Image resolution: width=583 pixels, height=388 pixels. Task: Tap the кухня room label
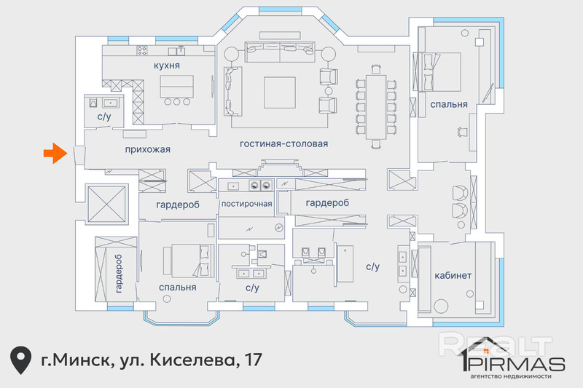pyautogui.click(x=167, y=66)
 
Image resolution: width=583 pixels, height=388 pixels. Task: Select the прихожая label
pyautogui.click(x=148, y=150)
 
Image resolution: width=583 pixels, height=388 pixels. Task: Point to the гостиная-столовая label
pyautogui.click(x=283, y=143)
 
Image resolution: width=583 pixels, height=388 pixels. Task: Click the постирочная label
pyautogui.click(x=246, y=204)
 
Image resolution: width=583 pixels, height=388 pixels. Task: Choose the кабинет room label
pyautogui.click(x=453, y=275)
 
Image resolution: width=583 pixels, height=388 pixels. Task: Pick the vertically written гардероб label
pyautogui.click(x=119, y=274)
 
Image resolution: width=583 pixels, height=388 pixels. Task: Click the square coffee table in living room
pyautogui.click(x=280, y=92)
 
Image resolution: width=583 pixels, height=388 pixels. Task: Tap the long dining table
pyautogui.click(x=375, y=107)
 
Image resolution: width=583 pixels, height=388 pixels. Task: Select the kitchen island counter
pyautogui.click(x=176, y=87)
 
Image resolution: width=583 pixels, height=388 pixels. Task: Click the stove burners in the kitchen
pyautogui.click(x=141, y=50)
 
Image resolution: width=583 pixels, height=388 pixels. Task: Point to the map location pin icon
pyautogui.click(x=20, y=360)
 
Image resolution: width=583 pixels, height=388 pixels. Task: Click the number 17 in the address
pyautogui.click(x=253, y=360)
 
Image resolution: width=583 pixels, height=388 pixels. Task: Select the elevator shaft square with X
pyautogui.click(x=106, y=205)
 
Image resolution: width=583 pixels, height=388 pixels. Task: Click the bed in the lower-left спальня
pyautogui.click(x=189, y=261)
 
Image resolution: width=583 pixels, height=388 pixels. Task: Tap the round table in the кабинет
pyautogui.click(x=442, y=306)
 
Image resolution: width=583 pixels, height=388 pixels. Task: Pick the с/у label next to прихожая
pyautogui.click(x=104, y=116)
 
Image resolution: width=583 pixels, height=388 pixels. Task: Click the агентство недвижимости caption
pyautogui.click(x=511, y=376)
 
